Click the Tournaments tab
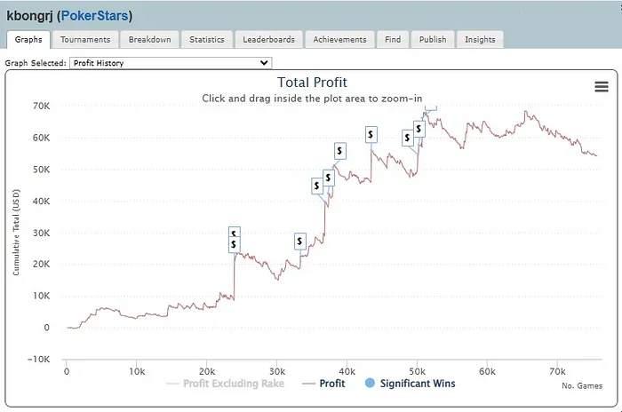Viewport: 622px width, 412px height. pos(86,39)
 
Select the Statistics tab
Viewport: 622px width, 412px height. pos(207,39)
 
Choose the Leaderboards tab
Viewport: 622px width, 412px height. pos(270,39)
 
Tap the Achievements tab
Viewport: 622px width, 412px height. pos(339,39)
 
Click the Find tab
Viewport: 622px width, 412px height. pos(392,39)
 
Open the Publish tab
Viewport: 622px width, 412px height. pos(433,39)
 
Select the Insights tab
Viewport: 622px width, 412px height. pos(481,39)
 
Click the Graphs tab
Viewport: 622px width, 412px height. pos(28,39)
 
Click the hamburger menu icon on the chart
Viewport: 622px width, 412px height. pos(602,86)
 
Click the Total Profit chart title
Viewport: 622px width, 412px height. pos(311,83)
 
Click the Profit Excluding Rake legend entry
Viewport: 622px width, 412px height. pos(228,384)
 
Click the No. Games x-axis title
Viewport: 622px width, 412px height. pos(580,386)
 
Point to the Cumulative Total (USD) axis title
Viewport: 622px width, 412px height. pos(16,232)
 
